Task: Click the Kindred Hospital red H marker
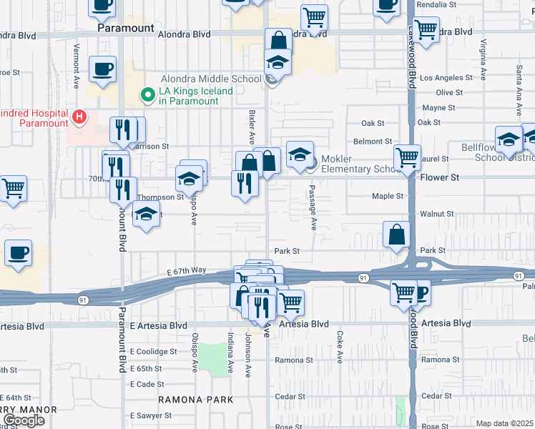(80, 116)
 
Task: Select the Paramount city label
(125, 28)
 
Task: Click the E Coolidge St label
(153, 352)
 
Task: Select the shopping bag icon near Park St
(396, 235)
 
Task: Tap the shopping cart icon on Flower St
(407, 155)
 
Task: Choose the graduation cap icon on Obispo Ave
(190, 178)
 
